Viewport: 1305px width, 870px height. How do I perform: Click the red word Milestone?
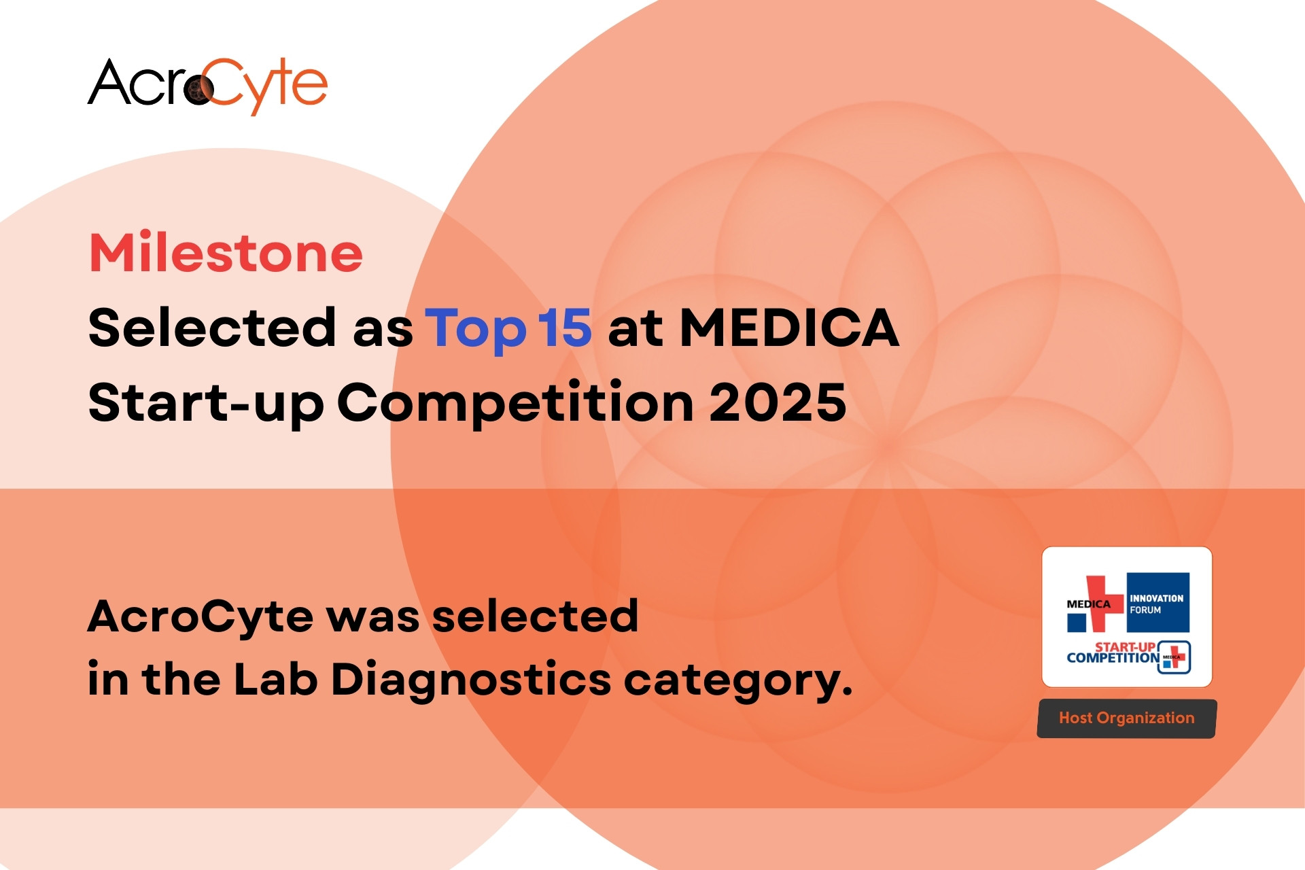pos(226,253)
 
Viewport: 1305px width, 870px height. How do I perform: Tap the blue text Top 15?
pos(508,328)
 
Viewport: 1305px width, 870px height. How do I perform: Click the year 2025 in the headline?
pos(778,402)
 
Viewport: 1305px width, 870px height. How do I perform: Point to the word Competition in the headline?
pos(515,402)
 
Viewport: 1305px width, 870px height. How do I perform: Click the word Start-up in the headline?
pos(206,402)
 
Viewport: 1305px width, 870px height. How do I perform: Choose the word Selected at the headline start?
pos(211,328)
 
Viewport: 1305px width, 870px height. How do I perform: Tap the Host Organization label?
pos(1126,718)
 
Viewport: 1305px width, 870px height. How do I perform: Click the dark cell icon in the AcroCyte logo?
pos(199,89)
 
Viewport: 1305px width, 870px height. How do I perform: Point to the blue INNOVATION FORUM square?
pos(1158,602)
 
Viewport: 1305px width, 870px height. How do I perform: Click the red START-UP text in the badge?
pos(1125,646)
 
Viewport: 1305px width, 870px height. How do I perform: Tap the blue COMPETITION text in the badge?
pos(1113,658)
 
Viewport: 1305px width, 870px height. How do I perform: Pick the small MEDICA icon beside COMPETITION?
pos(1174,657)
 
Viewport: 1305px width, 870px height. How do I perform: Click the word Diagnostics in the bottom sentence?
pos(471,680)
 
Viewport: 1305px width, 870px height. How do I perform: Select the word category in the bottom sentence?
pos(737,680)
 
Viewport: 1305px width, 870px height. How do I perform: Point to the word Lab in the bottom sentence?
pos(275,680)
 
